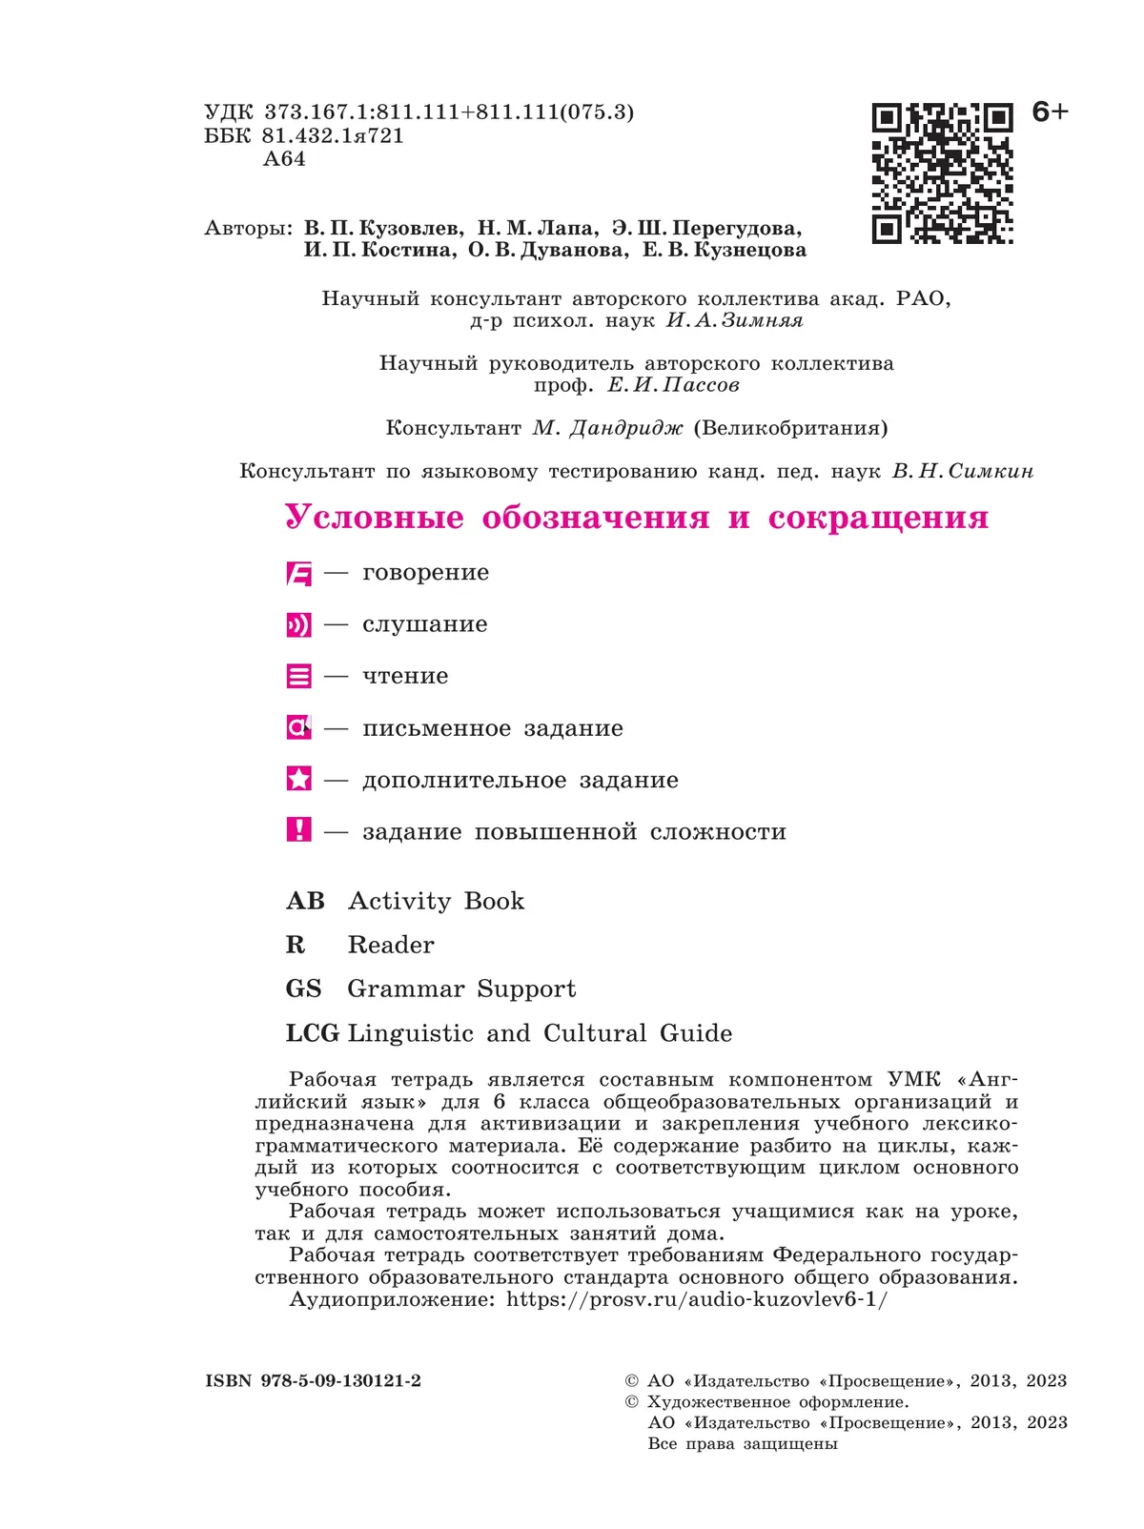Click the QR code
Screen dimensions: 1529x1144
pyautogui.click(x=942, y=173)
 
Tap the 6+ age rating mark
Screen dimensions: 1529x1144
pyautogui.click(x=1050, y=112)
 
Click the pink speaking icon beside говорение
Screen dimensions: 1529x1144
pyautogui.click(x=298, y=574)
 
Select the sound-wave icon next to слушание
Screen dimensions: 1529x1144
pyautogui.click(x=298, y=625)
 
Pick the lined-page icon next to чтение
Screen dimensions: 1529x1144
pyautogui.click(x=298, y=677)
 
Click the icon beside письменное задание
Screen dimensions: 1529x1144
pyautogui.click(x=298, y=728)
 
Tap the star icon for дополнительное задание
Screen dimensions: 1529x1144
pyautogui.click(x=298, y=780)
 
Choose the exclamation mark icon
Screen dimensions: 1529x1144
pyautogui.click(x=298, y=830)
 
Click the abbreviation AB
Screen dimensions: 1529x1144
pyautogui.click(x=305, y=902)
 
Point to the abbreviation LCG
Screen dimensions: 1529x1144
pyautogui.click(x=313, y=1034)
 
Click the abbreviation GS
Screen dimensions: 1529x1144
pyautogui.click(x=304, y=989)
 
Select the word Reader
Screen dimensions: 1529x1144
pyautogui.click(x=391, y=946)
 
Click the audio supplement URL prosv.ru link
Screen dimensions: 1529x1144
pyautogui.click(x=696, y=1299)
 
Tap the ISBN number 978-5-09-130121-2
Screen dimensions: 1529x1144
pyautogui.click(x=340, y=1381)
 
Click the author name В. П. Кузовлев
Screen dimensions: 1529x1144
pyautogui.click(x=383, y=229)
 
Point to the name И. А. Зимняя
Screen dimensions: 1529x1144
pyautogui.click(x=734, y=321)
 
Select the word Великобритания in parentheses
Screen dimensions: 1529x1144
pyautogui.click(x=791, y=428)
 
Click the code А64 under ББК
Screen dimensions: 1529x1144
pyautogui.click(x=284, y=159)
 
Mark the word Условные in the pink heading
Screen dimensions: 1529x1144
pyautogui.click(x=375, y=518)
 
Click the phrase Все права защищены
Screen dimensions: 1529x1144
pyautogui.click(x=743, y=1444)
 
